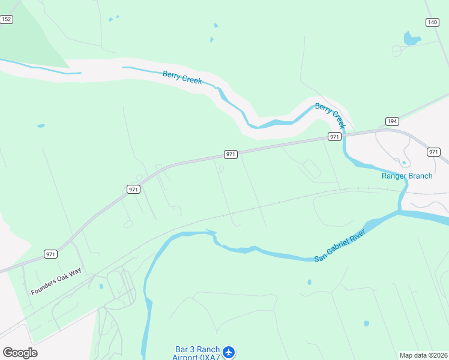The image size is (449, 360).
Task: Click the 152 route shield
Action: click(7, 20)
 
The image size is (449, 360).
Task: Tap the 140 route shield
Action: click(432, 22)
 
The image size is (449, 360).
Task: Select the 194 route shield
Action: click(392, 121)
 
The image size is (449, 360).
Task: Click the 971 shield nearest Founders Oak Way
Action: click(51, 254)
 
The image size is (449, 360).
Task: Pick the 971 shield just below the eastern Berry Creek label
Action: click(335, 137)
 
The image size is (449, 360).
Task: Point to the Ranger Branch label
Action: click(407, 176)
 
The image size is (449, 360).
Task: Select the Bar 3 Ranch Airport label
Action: click(196, 352)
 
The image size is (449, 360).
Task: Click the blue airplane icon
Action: click(228, 352)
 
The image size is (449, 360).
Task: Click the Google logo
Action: click(20, 353)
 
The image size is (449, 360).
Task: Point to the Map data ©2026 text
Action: click(424, 355)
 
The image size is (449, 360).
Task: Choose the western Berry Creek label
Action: click(182, 77)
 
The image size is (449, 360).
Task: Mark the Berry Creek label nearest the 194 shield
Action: click(331, 115)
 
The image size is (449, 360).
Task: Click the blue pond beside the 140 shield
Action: click(411, 40)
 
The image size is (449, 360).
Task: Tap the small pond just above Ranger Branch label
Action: click(404, 163)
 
